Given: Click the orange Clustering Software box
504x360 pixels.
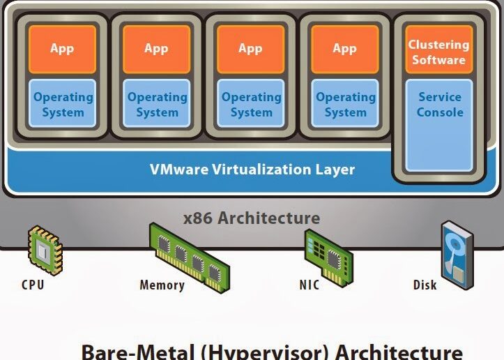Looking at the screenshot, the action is [x=438, y=50].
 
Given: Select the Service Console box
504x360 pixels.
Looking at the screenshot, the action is [x=439, y=126].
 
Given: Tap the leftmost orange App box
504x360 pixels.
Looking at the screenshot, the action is [x=62, y=50].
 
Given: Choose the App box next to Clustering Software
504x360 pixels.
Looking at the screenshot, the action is [x=345, y=50].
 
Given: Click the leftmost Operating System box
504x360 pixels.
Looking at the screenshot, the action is [x=62, y=103].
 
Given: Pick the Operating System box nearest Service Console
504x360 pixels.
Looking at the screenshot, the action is [x=345, y=103].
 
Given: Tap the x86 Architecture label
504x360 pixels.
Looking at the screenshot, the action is [x=252, y=218].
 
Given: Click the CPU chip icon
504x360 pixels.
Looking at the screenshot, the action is [x=45, y=249].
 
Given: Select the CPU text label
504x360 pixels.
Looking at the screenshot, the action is [x=33, y=285].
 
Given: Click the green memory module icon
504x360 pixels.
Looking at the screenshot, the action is [x=190, y=257].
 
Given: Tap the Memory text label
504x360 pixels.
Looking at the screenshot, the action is [x=162, y=285].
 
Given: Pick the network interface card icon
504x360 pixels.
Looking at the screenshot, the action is [x=328, y=257].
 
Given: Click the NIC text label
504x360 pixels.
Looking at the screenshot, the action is [x=310, y=285].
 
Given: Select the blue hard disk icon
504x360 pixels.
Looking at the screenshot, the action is [x=457, y=255].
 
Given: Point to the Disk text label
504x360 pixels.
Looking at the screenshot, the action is [x=425, y=285].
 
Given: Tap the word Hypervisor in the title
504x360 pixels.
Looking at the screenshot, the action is [x=266, y=352].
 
